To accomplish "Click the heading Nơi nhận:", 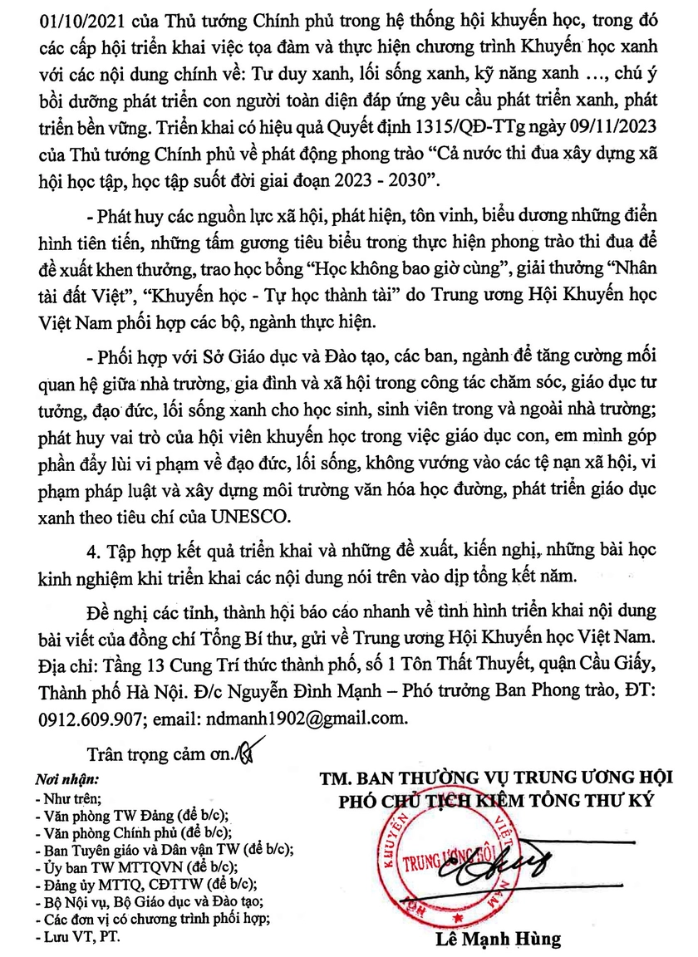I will (66, 781).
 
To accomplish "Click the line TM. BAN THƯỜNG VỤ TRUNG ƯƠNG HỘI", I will (496, 779).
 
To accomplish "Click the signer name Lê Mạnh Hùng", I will (497, 940).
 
